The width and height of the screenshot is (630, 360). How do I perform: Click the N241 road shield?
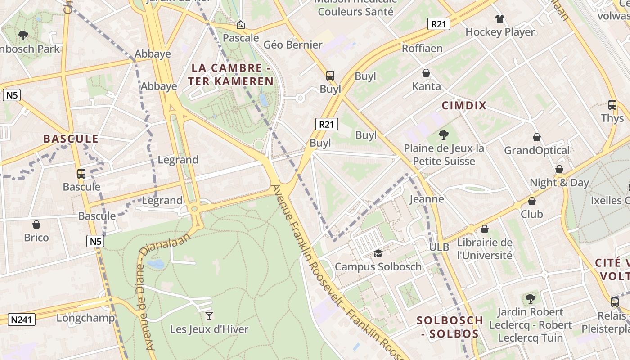pos(21,319)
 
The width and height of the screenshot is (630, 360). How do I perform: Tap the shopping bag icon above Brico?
pos(36,224)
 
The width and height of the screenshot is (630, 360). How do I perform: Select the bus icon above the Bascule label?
pos(81,173)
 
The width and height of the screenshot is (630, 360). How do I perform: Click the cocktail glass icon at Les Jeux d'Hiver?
pos(209,315)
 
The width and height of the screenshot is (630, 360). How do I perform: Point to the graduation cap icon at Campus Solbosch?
pos(378,254)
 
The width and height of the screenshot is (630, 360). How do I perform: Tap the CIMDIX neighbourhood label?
pos(464,106)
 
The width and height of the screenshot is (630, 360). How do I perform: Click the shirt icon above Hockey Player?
pos(500,19)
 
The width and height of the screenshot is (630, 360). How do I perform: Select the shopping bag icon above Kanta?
pos(426,73)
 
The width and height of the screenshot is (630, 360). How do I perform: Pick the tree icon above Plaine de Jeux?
pos(444,135)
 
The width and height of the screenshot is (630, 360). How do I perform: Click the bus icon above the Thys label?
pos(612,105)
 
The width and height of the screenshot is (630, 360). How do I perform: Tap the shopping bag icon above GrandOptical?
pos(536,137)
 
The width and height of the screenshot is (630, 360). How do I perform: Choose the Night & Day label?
pos(559,183)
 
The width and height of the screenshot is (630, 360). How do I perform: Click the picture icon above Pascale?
pos(241,25)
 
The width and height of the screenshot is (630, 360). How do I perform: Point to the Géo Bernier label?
pos(293,45)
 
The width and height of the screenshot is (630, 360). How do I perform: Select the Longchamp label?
pos(85,318)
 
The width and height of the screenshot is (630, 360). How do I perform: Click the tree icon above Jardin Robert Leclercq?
pos(531,298)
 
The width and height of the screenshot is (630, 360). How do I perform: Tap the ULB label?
pos(439,247)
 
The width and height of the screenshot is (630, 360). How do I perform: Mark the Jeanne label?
pos(427,199)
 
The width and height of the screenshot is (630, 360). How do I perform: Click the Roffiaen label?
pos(422,48)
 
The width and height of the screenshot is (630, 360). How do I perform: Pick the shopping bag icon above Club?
pos(532,201)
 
